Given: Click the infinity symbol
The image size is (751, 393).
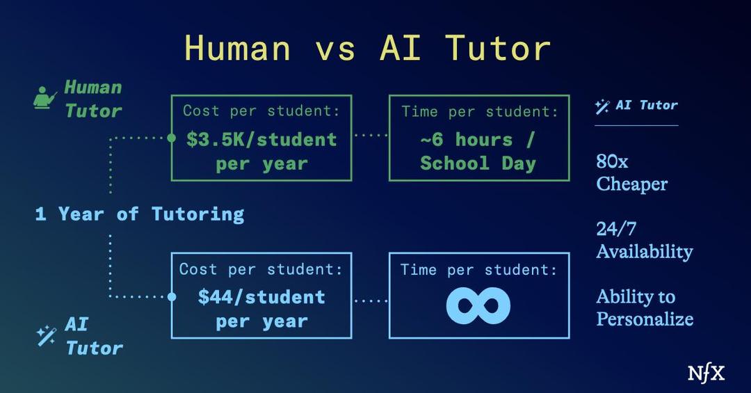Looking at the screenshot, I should pos(478,305).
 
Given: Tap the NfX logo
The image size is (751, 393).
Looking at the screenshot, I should pos(706,373).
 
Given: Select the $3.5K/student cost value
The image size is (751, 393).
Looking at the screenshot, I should pos(261,139).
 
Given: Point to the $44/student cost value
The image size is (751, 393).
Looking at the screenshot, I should pos(261,297).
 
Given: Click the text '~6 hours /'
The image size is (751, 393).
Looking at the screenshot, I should pos(478,139).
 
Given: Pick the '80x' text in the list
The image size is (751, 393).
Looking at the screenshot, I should pos(612,162).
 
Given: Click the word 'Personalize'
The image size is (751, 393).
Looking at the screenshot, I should pos(645,319).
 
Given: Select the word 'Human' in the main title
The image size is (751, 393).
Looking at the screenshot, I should pos(238,49).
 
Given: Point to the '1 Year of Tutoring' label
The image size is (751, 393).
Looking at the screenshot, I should pos(140,214).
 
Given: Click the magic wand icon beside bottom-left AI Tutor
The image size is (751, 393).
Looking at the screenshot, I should pos(47,336).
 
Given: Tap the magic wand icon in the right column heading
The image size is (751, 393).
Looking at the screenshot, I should pos(602,106).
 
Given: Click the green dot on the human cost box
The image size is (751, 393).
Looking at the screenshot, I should pos(172,138).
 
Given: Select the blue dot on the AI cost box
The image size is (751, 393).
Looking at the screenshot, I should pos(172,297).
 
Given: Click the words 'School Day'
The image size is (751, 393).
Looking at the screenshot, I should pos(478,163).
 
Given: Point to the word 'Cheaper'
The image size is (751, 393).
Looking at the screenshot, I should pos(631,184).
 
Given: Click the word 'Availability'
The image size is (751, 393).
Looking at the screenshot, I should pos(644,251).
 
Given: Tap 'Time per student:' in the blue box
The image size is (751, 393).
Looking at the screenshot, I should pos(478,269).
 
